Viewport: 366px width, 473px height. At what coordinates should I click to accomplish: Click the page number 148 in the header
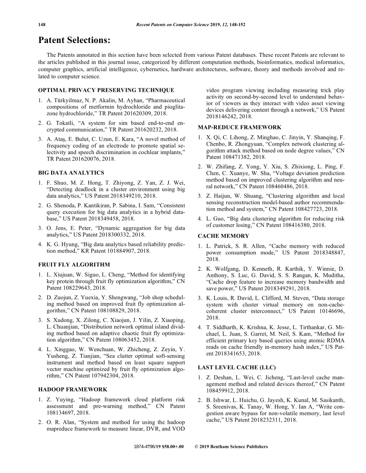(x=42, y=24)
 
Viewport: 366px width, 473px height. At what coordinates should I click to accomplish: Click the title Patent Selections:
(x=74, y=40)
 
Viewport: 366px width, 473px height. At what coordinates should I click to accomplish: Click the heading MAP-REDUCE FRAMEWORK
(x=240, y=128)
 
